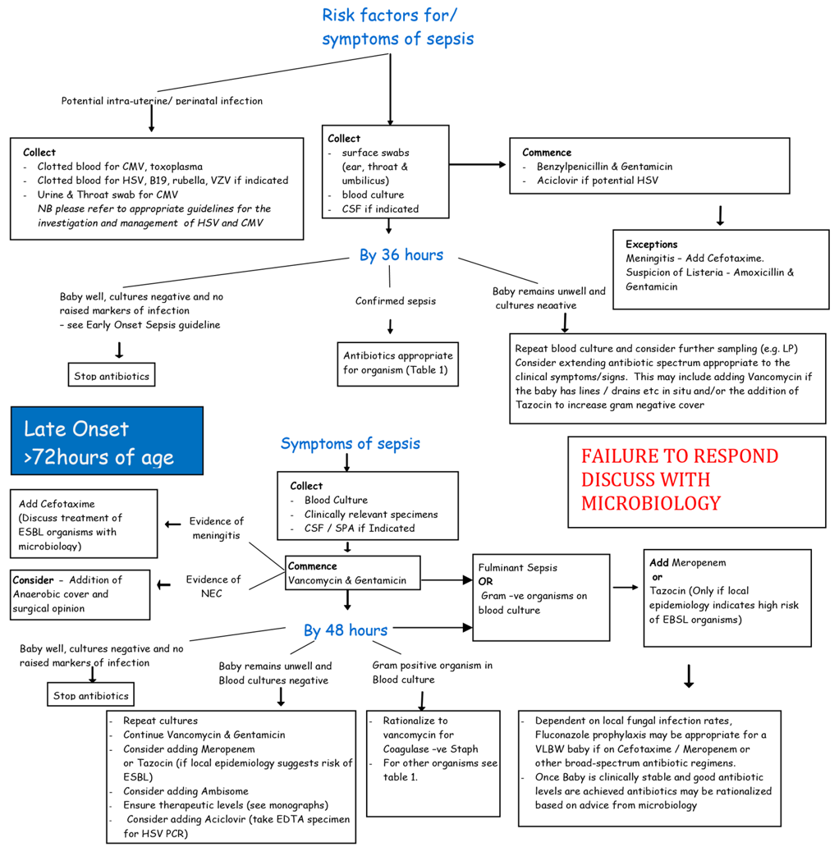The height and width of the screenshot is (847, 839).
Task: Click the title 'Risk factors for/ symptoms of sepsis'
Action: click(397, 26)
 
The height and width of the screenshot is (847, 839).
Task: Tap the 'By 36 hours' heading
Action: click(401, 255)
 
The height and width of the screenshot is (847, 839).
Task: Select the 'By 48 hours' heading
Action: click(345, 630)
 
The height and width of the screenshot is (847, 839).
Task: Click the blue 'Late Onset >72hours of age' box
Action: click(106, 441)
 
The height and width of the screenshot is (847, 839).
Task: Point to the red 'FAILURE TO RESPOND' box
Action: click(696, 481)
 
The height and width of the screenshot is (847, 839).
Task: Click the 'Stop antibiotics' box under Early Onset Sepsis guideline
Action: click(111, 376)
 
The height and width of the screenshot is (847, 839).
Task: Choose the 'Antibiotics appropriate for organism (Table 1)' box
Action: click(397, 364)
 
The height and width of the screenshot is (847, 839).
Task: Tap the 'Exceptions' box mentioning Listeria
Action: click(721, 268)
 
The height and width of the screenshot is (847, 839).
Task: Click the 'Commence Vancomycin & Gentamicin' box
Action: click(352, 573)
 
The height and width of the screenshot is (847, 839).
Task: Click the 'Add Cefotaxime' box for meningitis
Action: click(83, 524)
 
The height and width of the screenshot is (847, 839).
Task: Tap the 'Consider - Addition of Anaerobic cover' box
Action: click(80, 594)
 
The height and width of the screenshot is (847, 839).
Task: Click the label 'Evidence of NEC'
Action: click(213, 586)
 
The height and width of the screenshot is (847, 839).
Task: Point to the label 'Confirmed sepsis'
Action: click(395, 301)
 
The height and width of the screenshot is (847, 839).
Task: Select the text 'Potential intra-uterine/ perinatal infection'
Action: click(162, 101)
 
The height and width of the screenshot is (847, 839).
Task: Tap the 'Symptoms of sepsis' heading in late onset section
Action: click(350, 444)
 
